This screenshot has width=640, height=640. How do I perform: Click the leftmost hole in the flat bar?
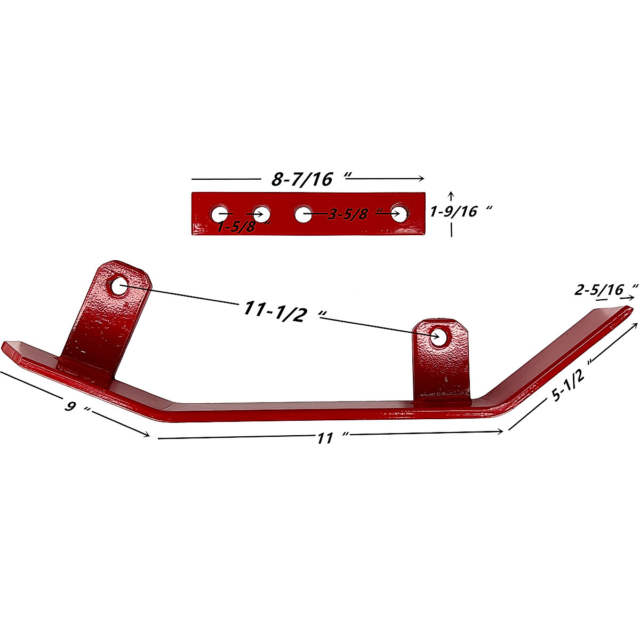pyautogui.click(x=219, y=214)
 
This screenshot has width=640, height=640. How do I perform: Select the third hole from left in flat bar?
pyautogui.click(x=303, y=215)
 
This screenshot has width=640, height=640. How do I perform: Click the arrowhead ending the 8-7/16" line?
pyautogui.click(x=421, y=179)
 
